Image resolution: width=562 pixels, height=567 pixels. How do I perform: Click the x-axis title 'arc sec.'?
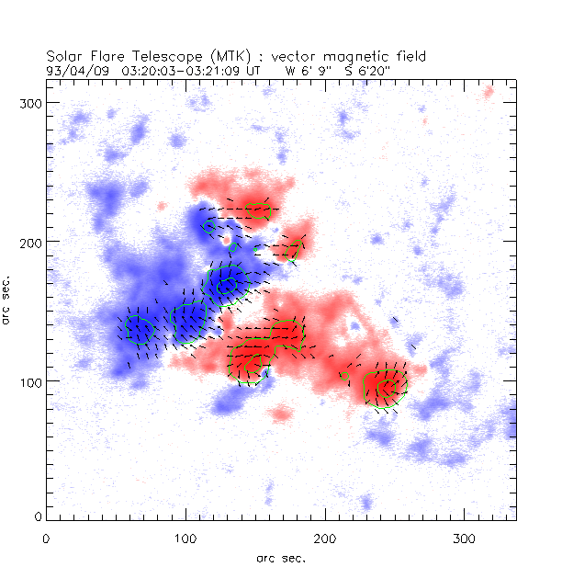pyautogui.click(x=280, y=557)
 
